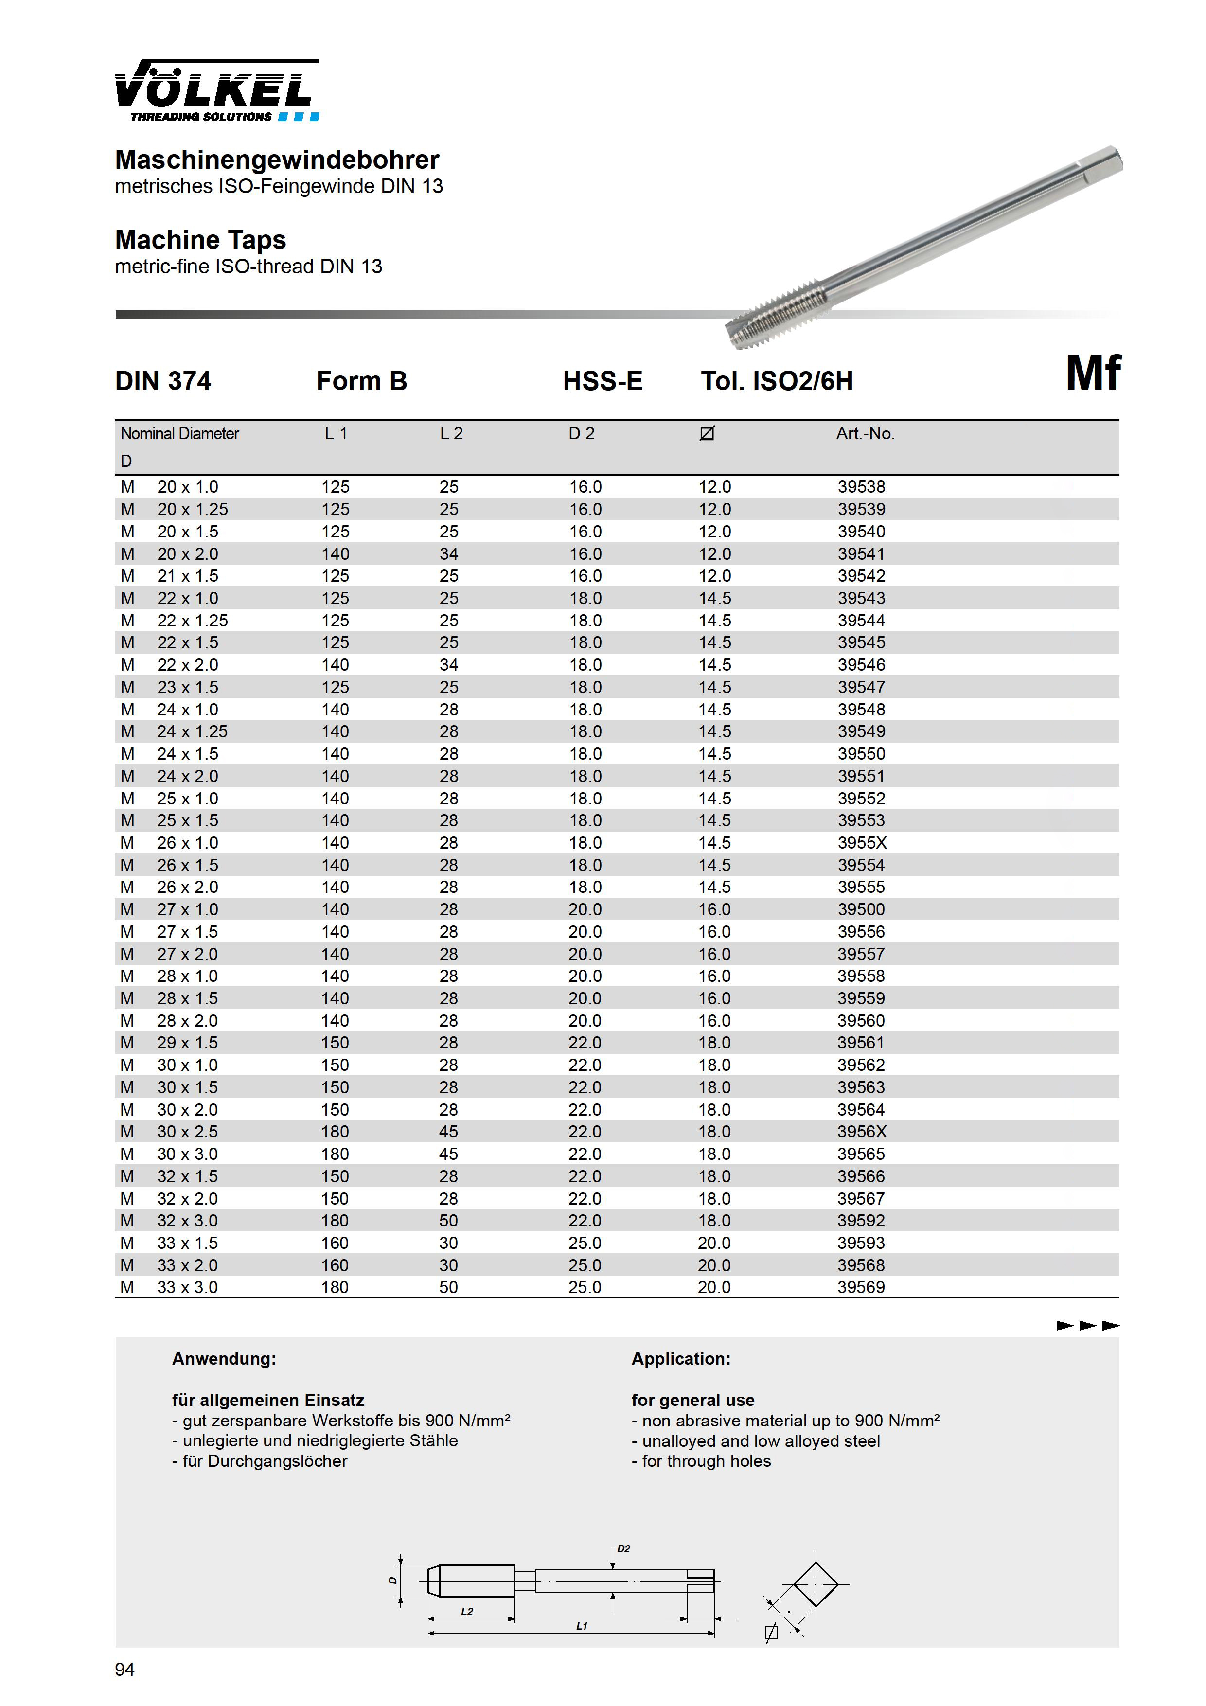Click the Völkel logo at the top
[x=217, y=90]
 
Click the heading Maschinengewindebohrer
[x=277, y=160]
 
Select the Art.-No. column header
[x=865, y=433]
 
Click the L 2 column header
[x=451, y=433]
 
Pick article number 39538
[x=861, y=487]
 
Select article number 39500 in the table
[x=861, y=909]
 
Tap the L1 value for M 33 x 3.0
[x=335, y=1288]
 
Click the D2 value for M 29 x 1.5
[x=585, y=1043]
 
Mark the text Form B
[x=362, y=381]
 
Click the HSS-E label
[x=603, y=381]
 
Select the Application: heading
[x=681, y=1359]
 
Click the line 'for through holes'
[x=701, y=1461]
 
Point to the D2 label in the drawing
[x=623, y=1549]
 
